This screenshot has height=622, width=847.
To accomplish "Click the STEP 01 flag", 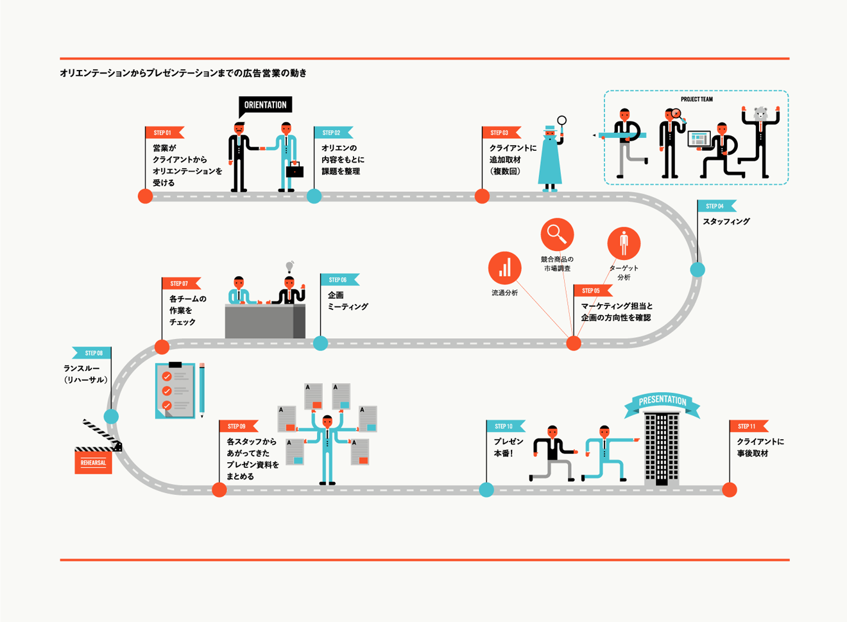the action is click(164, 133).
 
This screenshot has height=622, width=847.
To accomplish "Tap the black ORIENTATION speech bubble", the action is click(265, 105).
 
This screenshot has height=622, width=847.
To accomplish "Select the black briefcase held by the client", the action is click(295, 171).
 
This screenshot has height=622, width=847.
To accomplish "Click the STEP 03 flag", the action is click(501, 133).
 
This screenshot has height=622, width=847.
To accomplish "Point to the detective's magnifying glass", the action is click(561, 121).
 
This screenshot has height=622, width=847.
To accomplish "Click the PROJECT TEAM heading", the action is click(696, 99).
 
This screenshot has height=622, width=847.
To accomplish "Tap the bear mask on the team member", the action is click(761, 114).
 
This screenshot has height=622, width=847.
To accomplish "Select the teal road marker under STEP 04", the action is click(697, 270).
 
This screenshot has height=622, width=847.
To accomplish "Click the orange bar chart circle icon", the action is click(505, 268).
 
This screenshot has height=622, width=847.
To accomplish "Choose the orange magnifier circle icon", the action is click(556, 235).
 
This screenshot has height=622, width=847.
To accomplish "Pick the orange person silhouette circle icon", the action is click(624, 244).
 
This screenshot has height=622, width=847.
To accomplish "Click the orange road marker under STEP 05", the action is click(574, 343).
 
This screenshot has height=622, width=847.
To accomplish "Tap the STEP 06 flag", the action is click(339, 280).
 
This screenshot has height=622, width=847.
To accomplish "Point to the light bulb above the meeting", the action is click(289, 266).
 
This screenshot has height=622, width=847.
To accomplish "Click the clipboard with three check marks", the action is click(175, 390).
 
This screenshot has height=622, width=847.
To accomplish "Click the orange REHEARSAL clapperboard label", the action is click(93, 463).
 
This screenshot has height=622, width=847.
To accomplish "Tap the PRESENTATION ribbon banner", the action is click(662, 401).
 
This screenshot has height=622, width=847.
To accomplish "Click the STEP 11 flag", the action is click(748, 426).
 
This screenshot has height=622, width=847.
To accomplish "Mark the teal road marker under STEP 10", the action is click(486, 490).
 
